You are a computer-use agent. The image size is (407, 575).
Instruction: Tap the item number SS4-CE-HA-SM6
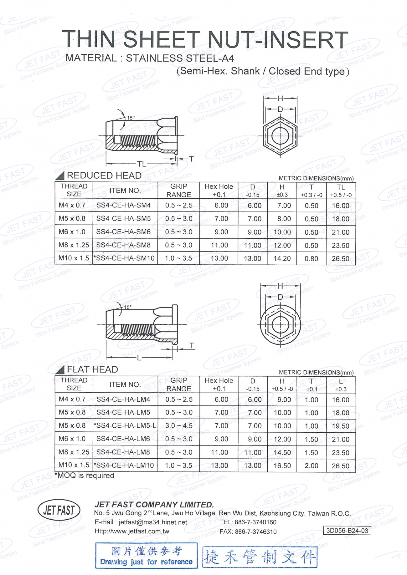pos(123,232)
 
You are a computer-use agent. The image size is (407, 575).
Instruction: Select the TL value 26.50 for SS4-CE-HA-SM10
pos(341,259)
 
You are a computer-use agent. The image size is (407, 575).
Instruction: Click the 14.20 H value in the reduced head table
pos(282,258)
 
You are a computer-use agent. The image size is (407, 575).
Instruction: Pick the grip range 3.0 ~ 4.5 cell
pos(179,426)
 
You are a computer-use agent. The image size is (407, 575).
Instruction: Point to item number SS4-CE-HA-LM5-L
pos(125,426)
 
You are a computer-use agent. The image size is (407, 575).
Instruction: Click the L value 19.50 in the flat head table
pos(341,426)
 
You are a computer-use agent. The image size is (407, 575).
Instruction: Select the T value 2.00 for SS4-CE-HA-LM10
pos(312,466)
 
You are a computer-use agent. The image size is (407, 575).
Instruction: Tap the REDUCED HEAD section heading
pos(104,176)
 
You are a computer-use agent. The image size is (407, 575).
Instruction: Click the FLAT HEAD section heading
pos(92,369)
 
